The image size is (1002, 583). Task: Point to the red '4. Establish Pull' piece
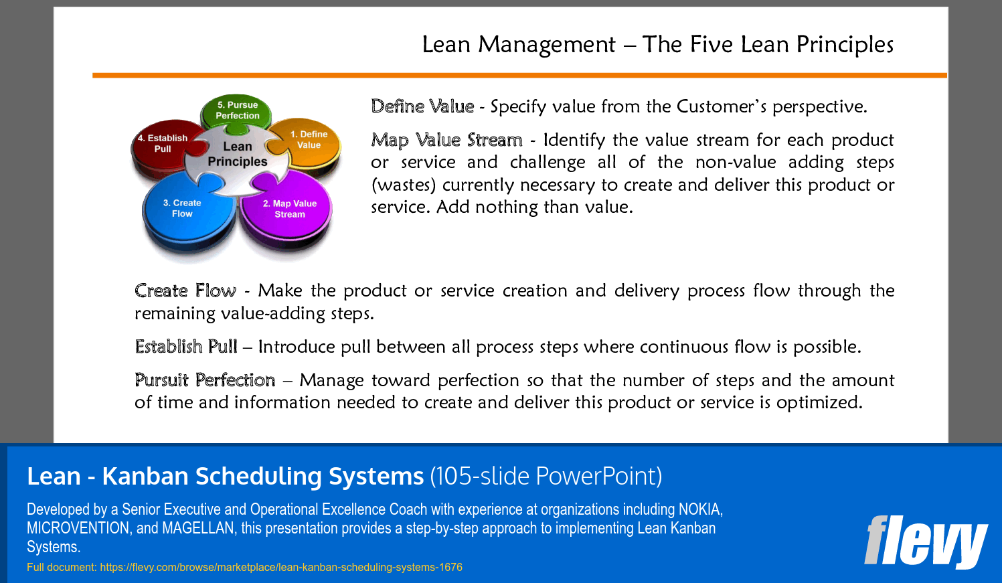[163, 144]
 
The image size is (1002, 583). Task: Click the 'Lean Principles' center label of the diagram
[237, 154]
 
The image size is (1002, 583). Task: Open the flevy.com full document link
[280, 567]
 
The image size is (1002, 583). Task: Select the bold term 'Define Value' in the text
[422, 106]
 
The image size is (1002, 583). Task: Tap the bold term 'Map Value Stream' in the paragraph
[446, 140]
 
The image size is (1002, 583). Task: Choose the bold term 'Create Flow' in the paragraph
[185, 290]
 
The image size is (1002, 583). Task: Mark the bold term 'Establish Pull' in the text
[186, 347]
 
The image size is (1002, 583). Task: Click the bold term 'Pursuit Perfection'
[205, 380]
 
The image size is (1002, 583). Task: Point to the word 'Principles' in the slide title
[845, 44]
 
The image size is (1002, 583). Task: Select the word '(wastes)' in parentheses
[404, 185]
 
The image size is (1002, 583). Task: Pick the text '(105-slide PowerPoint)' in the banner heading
[546, 476]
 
